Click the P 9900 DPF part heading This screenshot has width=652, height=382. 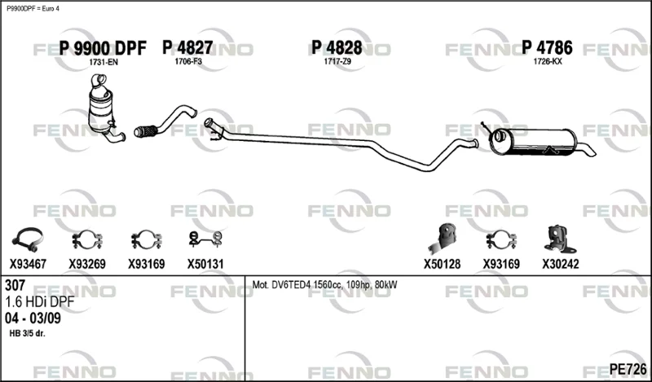(x=103, y=49)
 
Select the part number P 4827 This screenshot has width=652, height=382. (x=187, y=48)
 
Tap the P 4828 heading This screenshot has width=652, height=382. (x=337, y=48)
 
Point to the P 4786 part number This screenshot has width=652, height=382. (x=547, y=48)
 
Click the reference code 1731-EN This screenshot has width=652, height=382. (x=104, y=63)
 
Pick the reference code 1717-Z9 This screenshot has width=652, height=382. (x=337, y=62)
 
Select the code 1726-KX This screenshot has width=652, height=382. (x=548, y=62)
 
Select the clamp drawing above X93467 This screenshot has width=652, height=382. (x=28, y=239)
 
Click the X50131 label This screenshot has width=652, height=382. (x=205, y=264)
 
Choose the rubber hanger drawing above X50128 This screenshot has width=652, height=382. (x=442, y=239)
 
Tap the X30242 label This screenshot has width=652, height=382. (x=560, y=264)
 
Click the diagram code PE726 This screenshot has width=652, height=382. (x=628, y=369)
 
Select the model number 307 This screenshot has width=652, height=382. (x=15, y=285)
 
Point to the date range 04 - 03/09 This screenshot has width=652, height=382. (x=33, y=318)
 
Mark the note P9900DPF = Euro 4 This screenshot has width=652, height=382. (x=33, y=9)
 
